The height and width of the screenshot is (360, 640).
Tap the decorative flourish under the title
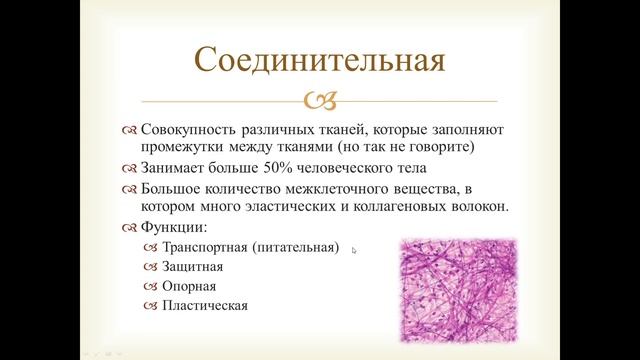coord(320,101)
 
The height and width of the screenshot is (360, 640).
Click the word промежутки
coord(181,149)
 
